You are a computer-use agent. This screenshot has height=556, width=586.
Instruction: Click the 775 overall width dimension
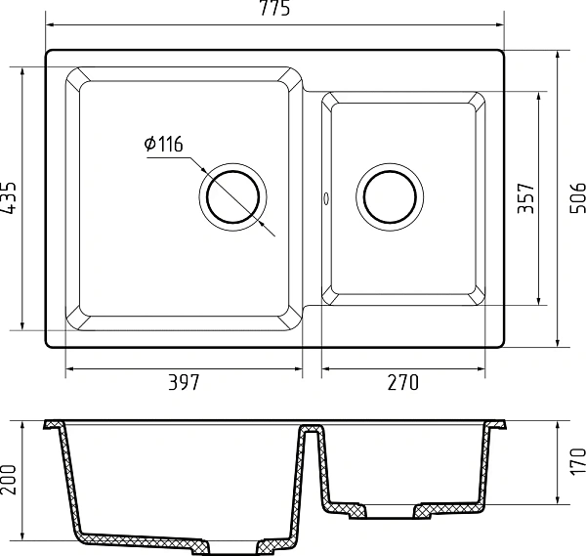tap(274, 8)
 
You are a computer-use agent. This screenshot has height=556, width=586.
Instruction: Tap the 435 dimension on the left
tap(8, 198)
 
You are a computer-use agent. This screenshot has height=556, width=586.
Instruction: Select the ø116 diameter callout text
tap(164, 144)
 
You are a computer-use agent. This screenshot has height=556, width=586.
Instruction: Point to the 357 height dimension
tap(525, 198)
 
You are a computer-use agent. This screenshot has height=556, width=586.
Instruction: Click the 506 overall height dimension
tap(577, 198)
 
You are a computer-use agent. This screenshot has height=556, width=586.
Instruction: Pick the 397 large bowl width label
tap(185, 382)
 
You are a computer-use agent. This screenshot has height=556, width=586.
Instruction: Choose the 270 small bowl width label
tap(402, 382)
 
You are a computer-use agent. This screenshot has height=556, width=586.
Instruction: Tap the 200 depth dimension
tap(8, 480)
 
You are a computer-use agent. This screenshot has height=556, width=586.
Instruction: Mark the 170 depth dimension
tap(577, 462)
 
